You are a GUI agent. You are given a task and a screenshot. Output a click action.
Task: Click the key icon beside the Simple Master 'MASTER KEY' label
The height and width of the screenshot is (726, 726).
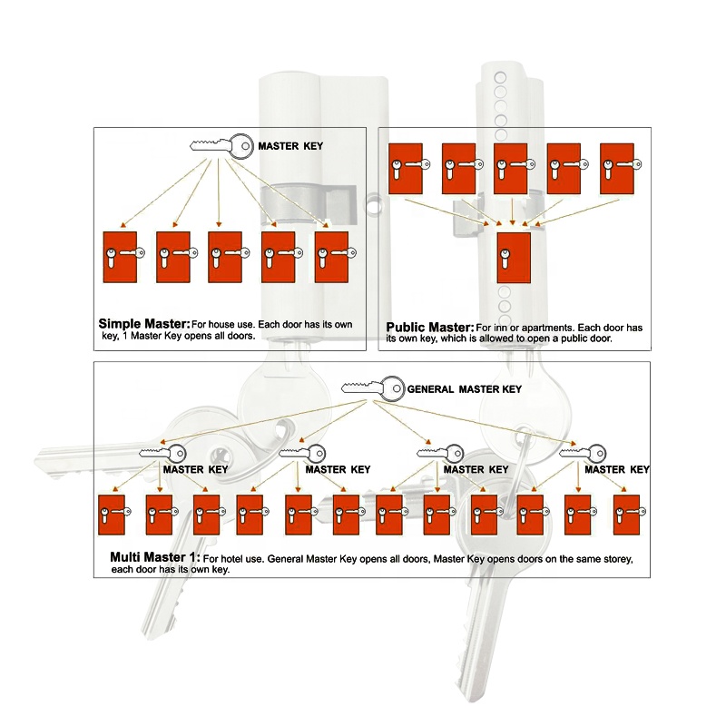point(221,145)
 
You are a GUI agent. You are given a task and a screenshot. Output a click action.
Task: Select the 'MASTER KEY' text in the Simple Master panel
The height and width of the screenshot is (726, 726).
point(289,146)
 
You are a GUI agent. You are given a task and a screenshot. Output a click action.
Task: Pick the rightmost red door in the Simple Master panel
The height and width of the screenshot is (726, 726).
point(331,256)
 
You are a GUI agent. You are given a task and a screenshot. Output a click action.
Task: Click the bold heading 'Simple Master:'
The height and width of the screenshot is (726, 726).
point(143,324)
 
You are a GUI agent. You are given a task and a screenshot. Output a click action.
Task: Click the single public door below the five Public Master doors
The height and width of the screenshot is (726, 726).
point(514,258)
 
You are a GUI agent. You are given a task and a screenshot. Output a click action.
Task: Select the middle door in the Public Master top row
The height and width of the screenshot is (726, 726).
point(511,168)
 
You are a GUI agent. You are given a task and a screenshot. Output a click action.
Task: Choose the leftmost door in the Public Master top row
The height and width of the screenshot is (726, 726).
point(405,168)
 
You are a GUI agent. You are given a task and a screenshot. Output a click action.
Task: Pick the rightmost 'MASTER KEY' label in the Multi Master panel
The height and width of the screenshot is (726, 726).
point(617,469)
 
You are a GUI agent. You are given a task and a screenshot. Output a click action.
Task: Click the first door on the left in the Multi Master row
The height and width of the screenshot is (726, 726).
point(111,515)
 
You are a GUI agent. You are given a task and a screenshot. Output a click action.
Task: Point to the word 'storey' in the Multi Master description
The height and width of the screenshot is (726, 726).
point(603,558)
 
